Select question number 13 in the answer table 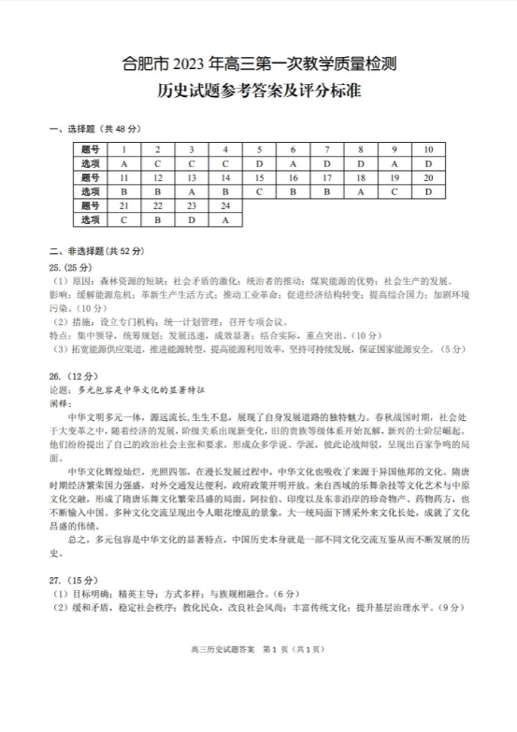191,177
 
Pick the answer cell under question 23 191,219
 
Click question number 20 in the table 428,177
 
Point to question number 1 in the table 123,149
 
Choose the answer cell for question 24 225,219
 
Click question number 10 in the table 428,149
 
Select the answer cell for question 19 394,191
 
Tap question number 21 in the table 123,205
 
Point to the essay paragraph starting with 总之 258,544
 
